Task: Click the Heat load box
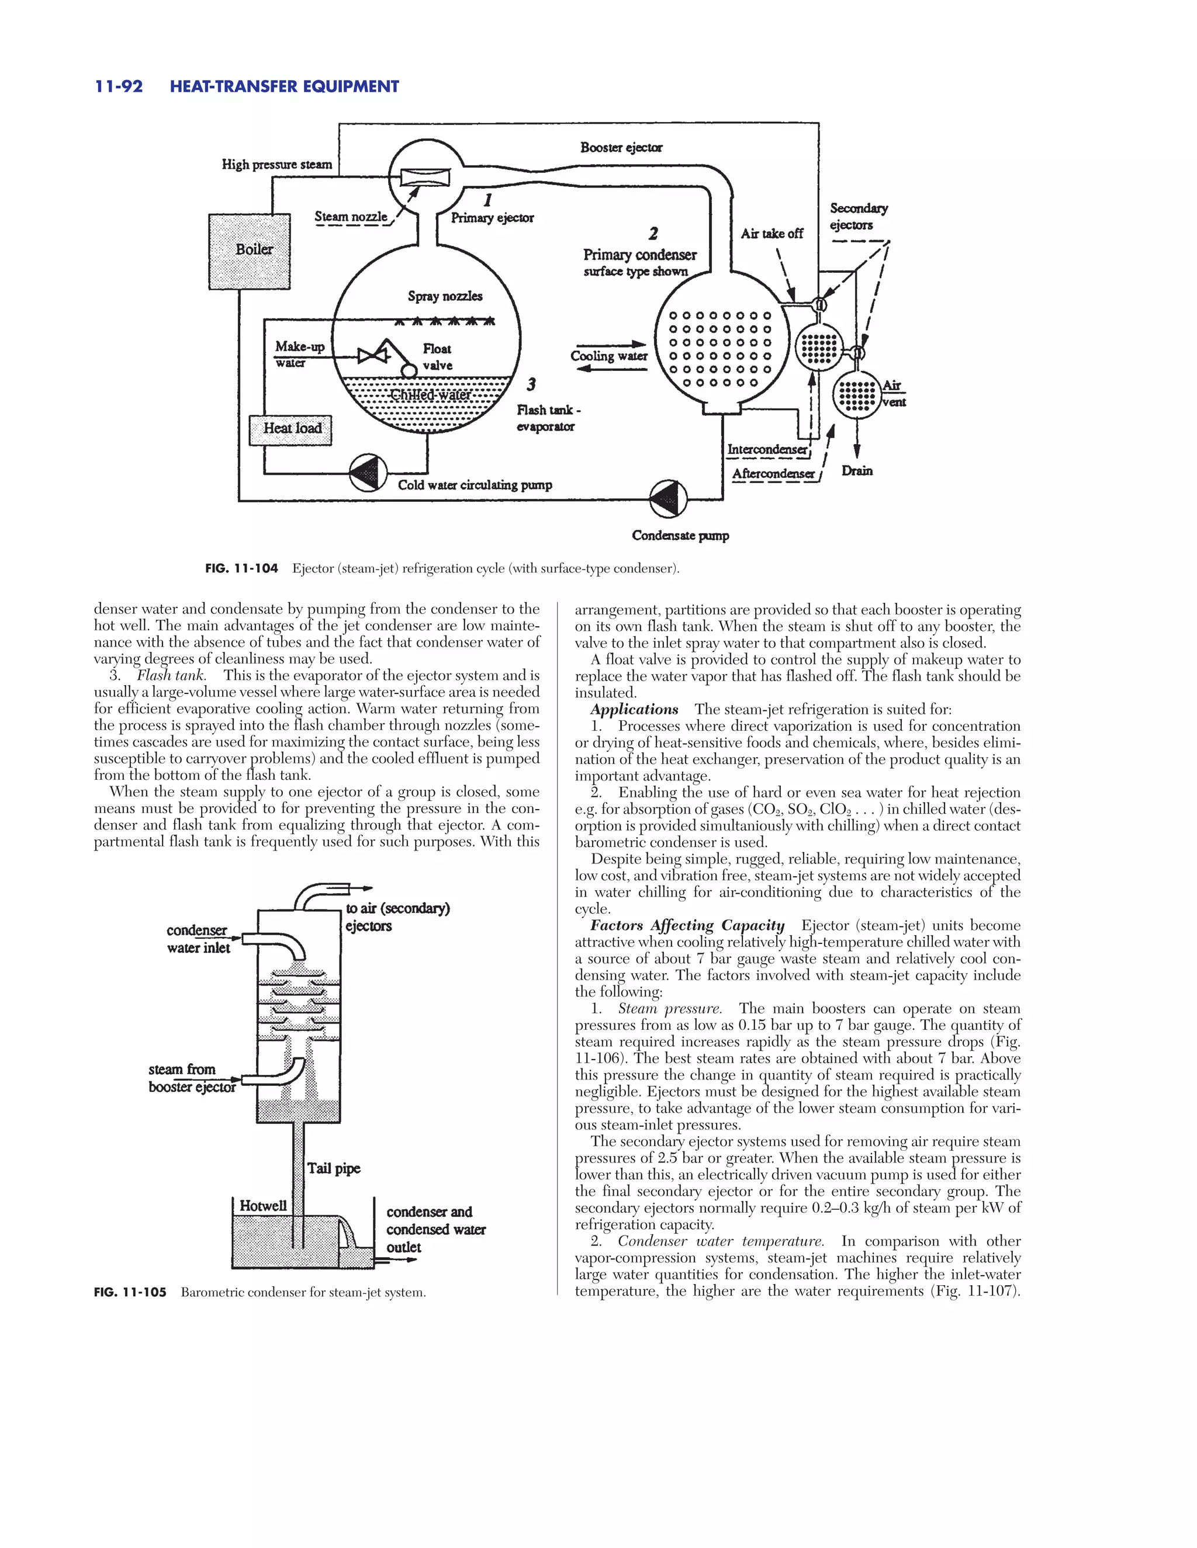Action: pyautogui.click(x=290, y=429)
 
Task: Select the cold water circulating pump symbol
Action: pyautogui.click(x=368, y=473)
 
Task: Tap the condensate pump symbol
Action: pyautogui.click(x=669, y=499)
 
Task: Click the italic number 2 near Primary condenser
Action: pyautogui.click(x=652, y=233)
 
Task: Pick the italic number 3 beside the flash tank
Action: pyautogui.click(x=531, y=385)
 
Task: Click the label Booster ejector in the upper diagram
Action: pyautogui.click(x=621, y=147)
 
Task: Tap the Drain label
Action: pyautogui.click(x=857, y=471)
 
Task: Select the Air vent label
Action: pyautogui.click(x=893, y=393)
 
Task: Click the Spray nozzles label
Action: pyautogui.click(x=445, y=296)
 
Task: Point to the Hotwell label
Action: pyautogui.click(x=263, y=1206)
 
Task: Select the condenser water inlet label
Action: pyautogui.click(x=198, y=939)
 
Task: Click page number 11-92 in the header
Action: pyautogui.click(x=119, y=86)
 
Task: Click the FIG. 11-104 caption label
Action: pyautogui.click(x=241, y=568)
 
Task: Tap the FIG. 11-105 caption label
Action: pyautogui.click(x=130, y=1292)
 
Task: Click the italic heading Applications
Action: pyautogui.click(x=634, y=710)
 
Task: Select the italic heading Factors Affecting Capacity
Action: pyautogui.click(x=687, y=926)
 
